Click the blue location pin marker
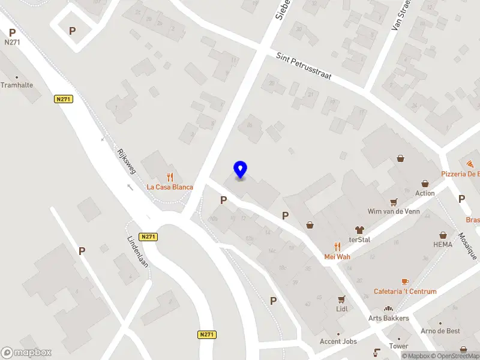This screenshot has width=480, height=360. pyautogui.click(x=240, y=170)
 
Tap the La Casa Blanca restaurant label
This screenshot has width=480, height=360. pyautogui.click(x=170, y=187)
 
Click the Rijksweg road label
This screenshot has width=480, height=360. pyautogui.click(x=127, y=161)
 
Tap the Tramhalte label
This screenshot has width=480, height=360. pyautogui.click(x=17, y=85)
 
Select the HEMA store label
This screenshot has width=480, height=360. pyautogui.click(x=443, y=245)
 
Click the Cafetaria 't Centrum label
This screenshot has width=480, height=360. pyautogui.click(x=405, y=292)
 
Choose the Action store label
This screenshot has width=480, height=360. pyautogui.click(x=425, y=193)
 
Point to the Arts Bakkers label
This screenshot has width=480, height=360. pyautogui.click(x=388, y=318)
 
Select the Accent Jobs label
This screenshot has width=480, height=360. pyautogui.click(x=338, y=341)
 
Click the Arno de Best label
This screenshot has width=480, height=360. pyautogui.click(x=440, y=331)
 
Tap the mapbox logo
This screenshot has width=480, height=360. pyautogui.click(x=27, y=353)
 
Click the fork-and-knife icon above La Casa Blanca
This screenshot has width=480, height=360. pyautogui.click(x=170, y=177)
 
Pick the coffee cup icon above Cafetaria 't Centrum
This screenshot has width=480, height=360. pyautogui.click(x=405, y=281)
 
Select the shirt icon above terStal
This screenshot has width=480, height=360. pyautogui.click(x=359, y=229)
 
